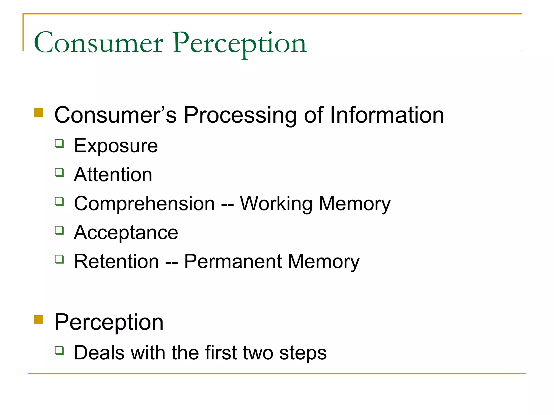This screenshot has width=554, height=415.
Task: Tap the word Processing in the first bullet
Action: click(240, 115)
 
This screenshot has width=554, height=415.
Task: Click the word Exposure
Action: click(116, 146)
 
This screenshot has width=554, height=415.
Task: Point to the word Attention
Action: click(113, 175)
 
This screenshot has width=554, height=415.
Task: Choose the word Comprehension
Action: click(144, 204)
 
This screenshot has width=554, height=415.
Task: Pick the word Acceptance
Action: click(126, 233)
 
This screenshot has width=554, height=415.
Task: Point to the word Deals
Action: click(99, 353)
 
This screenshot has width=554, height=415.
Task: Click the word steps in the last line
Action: click(303, 353)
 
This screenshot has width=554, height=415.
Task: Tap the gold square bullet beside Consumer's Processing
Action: click(39, 113)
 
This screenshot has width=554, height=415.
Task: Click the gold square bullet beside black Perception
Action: click(39, 320)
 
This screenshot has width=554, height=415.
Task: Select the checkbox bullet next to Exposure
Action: click(59, 143)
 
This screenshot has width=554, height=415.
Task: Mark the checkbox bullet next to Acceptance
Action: click(59, 230)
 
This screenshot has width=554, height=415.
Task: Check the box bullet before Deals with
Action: click(59, 350)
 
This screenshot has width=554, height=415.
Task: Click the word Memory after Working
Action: click(355, 204)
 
